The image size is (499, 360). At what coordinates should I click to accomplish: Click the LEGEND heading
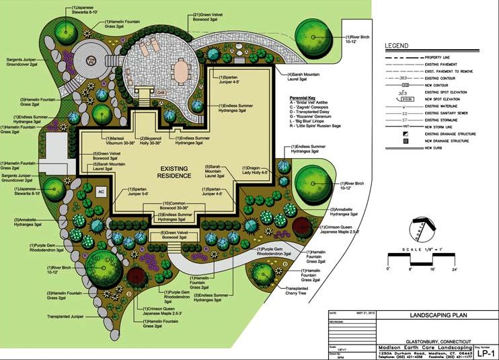[x=396, y=46]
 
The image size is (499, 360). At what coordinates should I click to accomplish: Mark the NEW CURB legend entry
[x=431, y=147]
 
